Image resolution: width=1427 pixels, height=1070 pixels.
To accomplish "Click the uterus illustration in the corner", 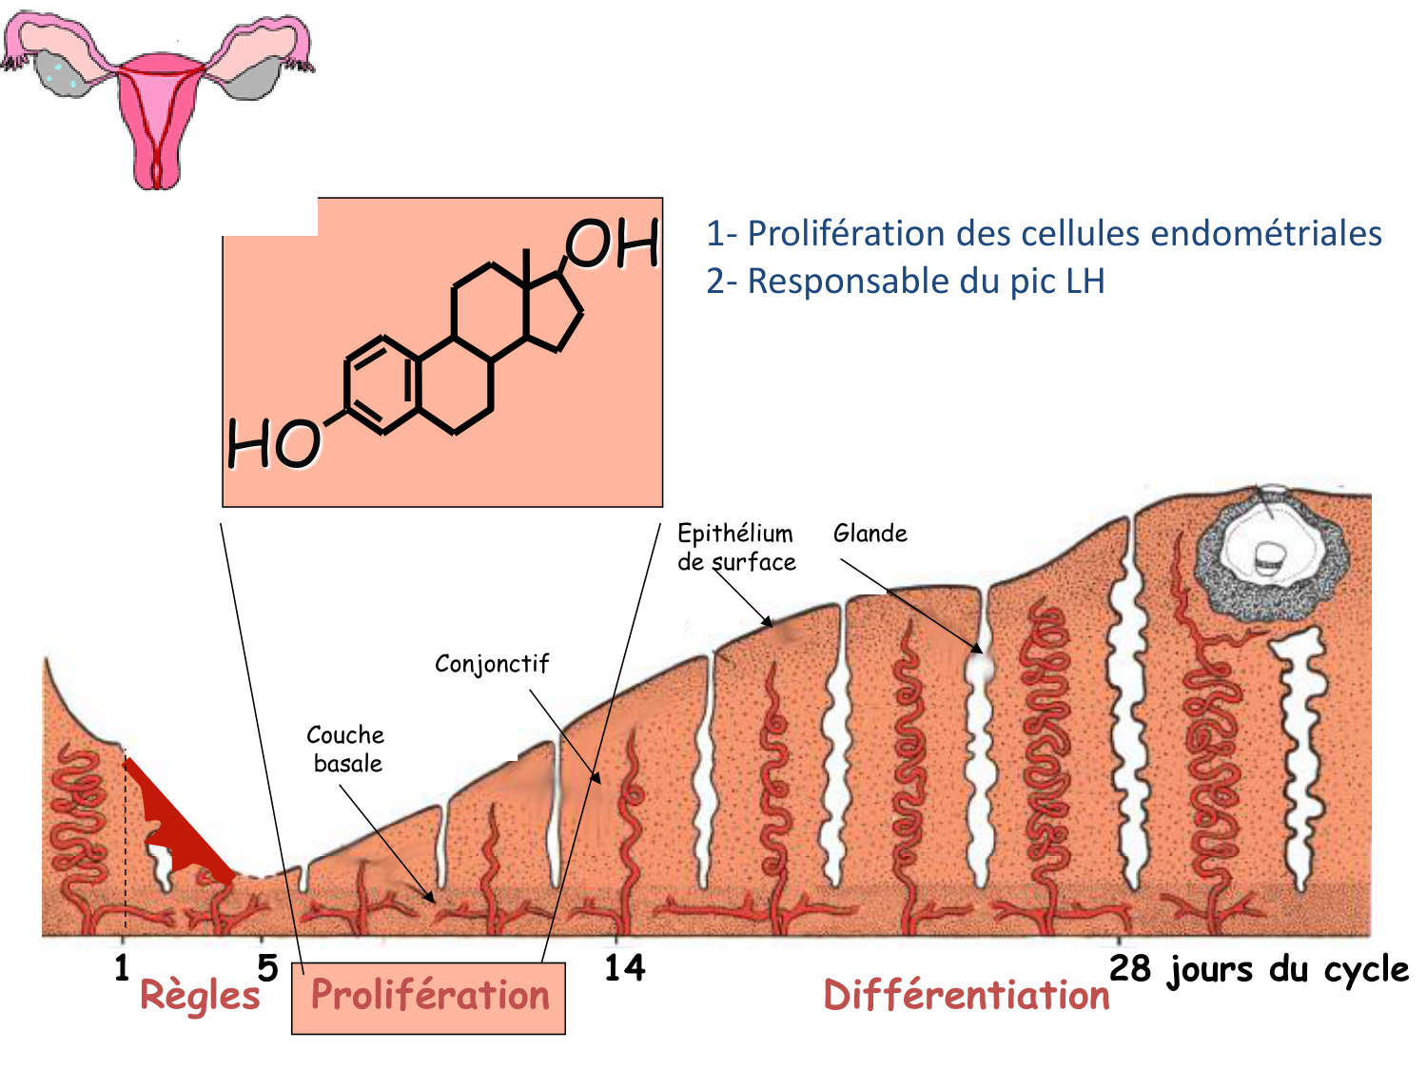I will [x=157, y=95].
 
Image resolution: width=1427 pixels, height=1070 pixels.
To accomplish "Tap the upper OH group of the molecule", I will [x=613, y=243].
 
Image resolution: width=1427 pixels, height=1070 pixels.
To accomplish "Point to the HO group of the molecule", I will [x=273, y=444].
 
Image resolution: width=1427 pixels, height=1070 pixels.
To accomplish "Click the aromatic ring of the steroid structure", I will [x=381, y=385].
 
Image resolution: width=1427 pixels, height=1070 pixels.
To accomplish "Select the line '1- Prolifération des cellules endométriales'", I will [x=1044, y=234].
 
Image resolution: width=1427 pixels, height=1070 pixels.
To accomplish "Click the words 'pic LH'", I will [x=1057, y=282].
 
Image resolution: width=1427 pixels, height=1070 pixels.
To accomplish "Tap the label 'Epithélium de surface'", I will [x=735, y=548].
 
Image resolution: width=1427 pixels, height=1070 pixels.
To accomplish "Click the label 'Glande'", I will [x=870, y=534].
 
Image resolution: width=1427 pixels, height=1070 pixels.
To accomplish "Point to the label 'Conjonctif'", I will [x=492, y=664].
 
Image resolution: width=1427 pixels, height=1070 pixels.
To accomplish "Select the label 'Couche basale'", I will [x=345, y=749].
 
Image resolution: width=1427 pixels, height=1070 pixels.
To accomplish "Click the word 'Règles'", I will [x=200, y=996].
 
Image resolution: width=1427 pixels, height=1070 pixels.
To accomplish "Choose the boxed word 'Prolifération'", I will [x=430, y=997].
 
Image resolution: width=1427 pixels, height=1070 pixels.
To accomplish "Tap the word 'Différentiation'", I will [x=967, y=996].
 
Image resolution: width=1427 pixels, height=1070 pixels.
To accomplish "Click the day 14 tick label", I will [x=625, y=968].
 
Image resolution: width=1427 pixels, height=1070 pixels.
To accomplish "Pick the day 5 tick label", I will [x=267, y=968].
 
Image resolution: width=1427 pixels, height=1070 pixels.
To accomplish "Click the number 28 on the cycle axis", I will [x=1130, y=968].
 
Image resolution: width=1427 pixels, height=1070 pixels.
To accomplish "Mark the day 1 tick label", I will [x=122, y=968].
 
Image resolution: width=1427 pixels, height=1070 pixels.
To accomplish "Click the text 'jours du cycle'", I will [x=1288, y=970].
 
